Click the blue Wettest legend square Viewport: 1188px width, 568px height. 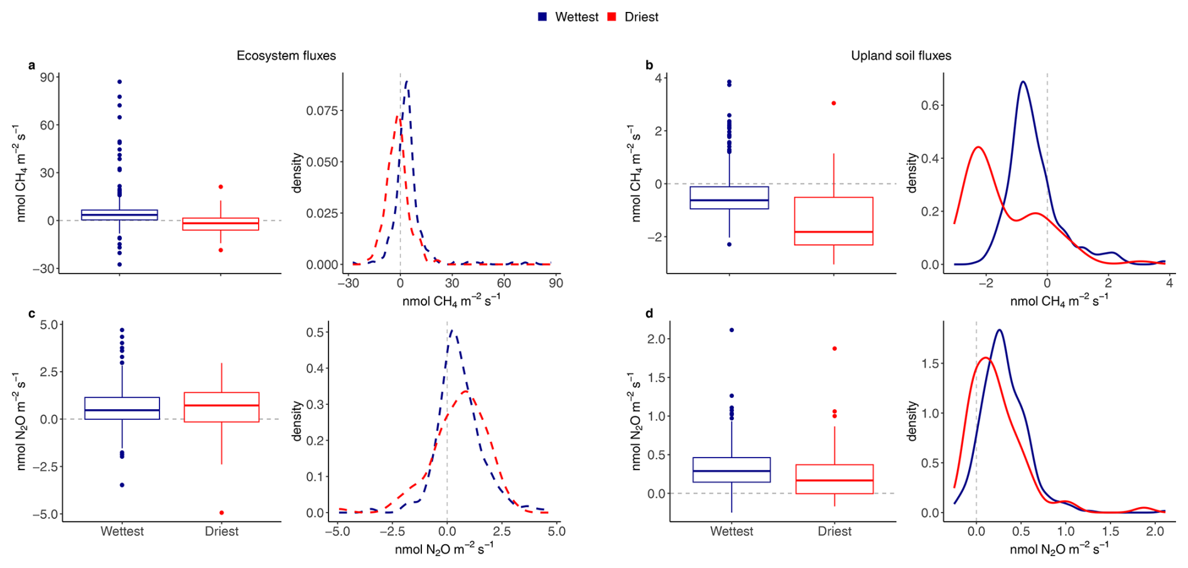543,17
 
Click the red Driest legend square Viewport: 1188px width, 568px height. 612,17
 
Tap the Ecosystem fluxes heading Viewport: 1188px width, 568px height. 286,56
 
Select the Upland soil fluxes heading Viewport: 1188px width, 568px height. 900,56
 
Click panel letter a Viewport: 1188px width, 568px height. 31,65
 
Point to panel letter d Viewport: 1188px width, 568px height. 649,313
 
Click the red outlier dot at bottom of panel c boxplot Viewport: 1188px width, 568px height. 222,513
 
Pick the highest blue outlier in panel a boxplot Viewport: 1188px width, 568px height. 119,82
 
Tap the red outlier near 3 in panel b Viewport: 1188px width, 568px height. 834,103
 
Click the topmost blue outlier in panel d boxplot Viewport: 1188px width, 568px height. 732,330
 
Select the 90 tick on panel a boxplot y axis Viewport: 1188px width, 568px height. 48,77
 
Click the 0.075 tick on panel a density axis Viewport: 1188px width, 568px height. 322,110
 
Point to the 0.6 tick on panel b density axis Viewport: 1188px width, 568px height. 930,105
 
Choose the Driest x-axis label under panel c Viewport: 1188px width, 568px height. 222,532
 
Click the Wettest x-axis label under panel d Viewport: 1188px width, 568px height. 732,532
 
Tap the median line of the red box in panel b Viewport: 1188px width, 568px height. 833,232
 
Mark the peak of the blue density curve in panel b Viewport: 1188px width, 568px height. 1023,82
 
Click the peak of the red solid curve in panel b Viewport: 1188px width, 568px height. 978,147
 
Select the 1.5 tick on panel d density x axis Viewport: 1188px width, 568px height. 1110,532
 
